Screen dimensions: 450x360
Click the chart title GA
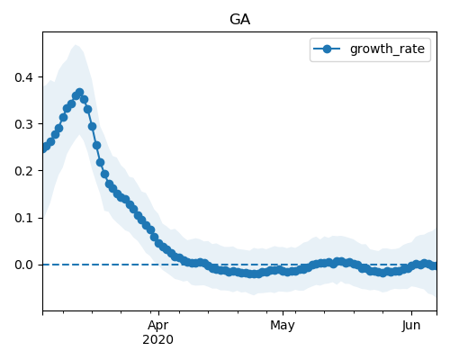pyautogui.click(x=239, y=20)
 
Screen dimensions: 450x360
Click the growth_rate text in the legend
pyautogui.click(x=387, y=49)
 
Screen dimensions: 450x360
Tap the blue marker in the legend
pyautogui.click(x=327, y=49)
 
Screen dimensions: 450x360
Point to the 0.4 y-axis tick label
pyautogui.click(x=23, y=77)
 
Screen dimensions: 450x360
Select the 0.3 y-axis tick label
pyautogui.click(x=23, y=124)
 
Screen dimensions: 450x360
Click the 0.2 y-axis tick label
pyautogui.click(x=23, y=171)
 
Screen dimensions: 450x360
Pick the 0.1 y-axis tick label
pyautogui.click(x=23, y=218)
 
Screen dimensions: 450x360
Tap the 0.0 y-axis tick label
pyautogui.click(x=23, y=265)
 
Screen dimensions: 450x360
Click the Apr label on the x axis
pyautogui.click(x=158, y=326)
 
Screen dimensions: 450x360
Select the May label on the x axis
pyautogui.click(x=283, y=326)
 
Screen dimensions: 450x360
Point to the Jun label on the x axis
pyautogui.click(x=411, y=326)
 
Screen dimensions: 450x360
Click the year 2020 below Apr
pyautogui.click(x=157, y=339)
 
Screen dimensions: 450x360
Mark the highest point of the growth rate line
pyautogui.click(x=79, y=93)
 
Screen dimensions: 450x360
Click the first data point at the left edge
pyautogui.click(x=43, y=148)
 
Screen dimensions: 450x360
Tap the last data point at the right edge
pyautogui.click(x=435, y=265)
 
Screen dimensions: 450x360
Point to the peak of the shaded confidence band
pyautogui.click(x=76, y=45)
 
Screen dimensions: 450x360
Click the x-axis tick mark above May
pyautogui.click(x=283, y=313)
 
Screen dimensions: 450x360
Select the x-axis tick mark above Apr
pyautogui.click(x=158, y=313)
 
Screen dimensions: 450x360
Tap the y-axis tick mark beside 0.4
pyautogui.click(x=40, y=77)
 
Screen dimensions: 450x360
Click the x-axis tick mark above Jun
pyautogui.click(x=411, y=313)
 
